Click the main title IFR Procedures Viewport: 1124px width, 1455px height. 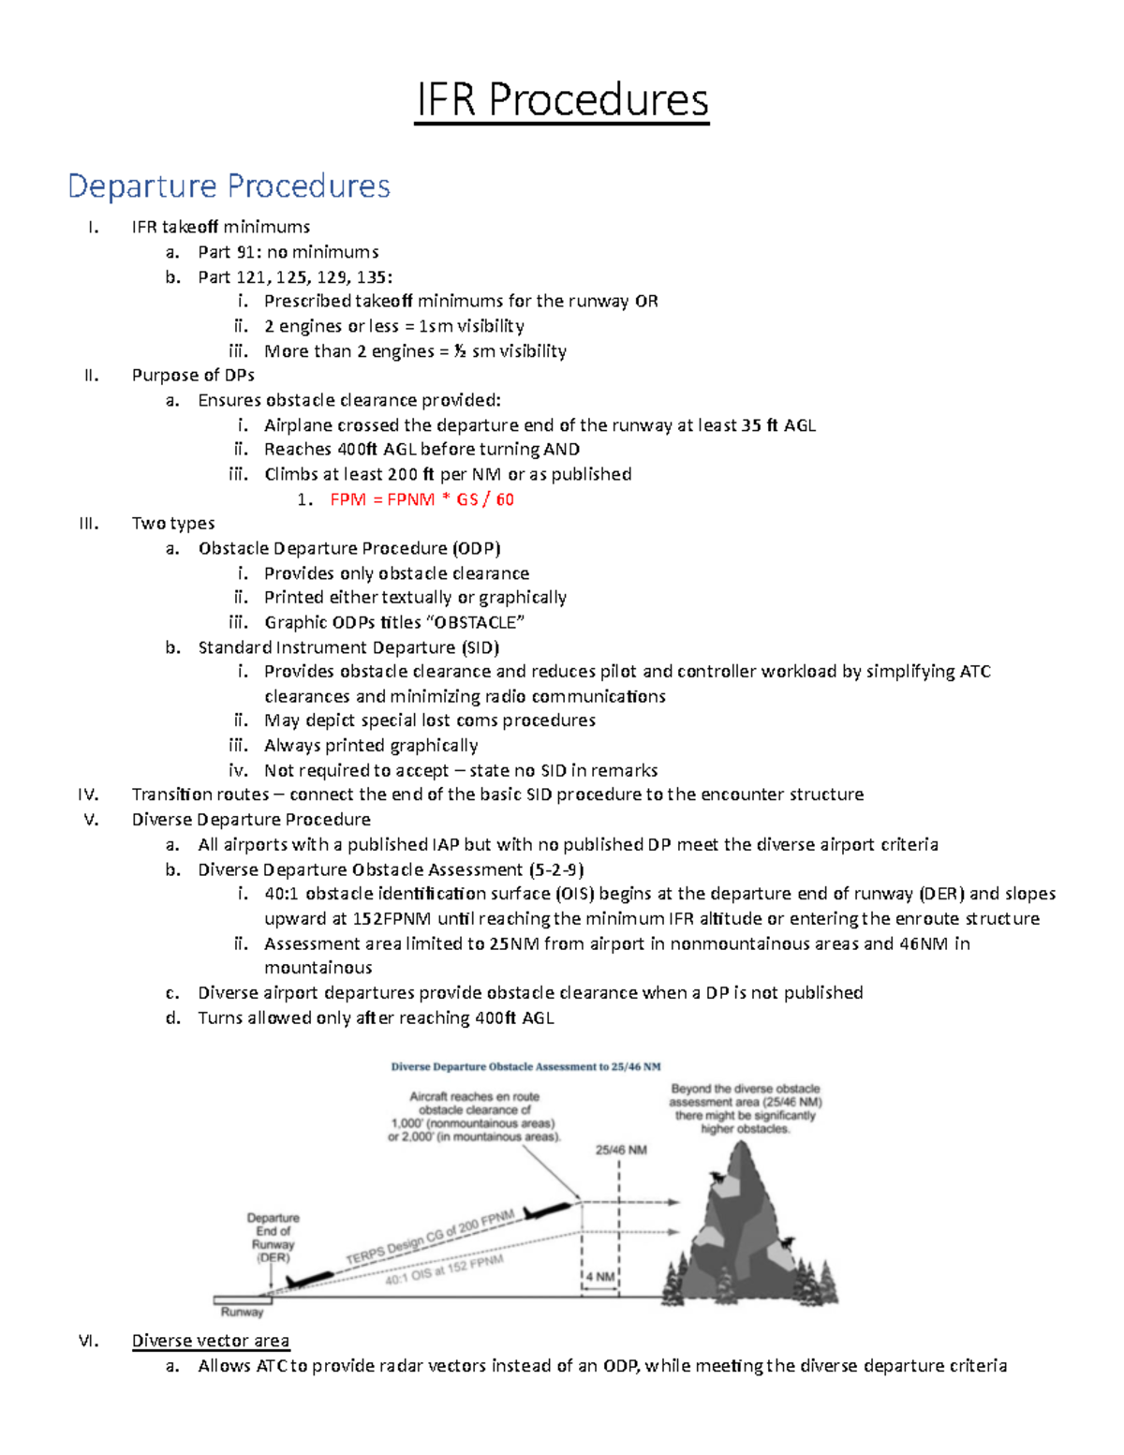[x=562, y=100]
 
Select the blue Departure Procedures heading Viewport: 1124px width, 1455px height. [x=229, y=186]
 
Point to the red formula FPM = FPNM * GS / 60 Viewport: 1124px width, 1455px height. [x=421, y=499]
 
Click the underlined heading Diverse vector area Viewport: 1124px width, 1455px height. [x=211, y=1341]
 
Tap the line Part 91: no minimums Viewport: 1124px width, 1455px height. [x=288, y=252]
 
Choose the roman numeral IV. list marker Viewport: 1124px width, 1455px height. [x=89, y=794]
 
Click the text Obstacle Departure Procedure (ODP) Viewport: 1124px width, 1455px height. [x=349, y=548]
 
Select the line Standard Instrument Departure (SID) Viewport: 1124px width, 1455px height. [x=348, y=647]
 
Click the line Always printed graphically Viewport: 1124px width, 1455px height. [x=371, y=746]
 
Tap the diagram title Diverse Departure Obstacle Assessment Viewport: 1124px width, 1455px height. [x=525, y=1066]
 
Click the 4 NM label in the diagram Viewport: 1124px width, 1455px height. [x=600, y=1277]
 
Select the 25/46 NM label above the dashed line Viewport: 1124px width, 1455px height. [x=621, y=1150]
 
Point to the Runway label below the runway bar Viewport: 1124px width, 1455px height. [x=242, y=1313]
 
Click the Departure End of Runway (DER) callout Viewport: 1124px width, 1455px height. [x=273, y=1238]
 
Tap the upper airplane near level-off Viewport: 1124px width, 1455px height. [x=550, y=1210]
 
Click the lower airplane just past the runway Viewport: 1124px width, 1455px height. [x=309, y=1278]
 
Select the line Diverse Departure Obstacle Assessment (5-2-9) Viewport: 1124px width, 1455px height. [x=391, y=869]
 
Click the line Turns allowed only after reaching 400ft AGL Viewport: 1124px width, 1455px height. [x=376, y=1017]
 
